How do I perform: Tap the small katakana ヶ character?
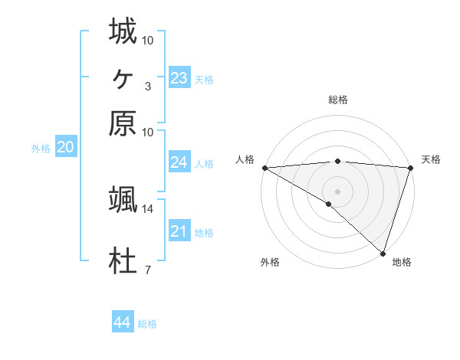(x=123, y=77)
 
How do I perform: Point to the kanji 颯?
(x=123, y=200)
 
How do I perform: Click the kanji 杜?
(x=123, y=263)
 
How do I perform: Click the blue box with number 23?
(x=179, y=77)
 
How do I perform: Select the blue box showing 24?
(x=179, y=162)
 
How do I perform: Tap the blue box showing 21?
(x=179, y=231)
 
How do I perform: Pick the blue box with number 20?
(x=65, y=148)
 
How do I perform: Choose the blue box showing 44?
(x=122, y=322)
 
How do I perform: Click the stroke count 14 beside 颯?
(x=148, y=208)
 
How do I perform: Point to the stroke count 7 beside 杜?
(x=147, y=270)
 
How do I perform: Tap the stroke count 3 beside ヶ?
(x=147, y=86)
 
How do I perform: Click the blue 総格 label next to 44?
(x=147, y=324)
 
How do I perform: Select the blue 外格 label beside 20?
(x=41, y=149)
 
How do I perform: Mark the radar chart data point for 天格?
(x=410, y=168)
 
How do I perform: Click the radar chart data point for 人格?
(x=264, y=168)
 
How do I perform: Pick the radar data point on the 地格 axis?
(x=383, y=253)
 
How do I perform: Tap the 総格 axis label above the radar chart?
(x=337, y=100)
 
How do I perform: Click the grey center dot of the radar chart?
(x=337, y=191)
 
